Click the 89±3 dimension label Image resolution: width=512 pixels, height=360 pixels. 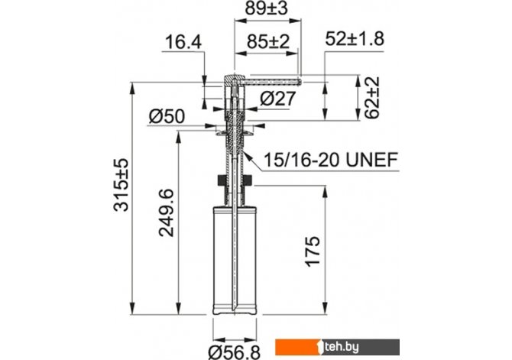point(267,8)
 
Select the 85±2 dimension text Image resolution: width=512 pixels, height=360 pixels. point(267,42)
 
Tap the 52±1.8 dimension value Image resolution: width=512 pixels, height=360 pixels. point(355,39)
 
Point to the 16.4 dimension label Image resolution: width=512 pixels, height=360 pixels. point(183,43)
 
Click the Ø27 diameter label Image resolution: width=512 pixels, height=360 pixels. point(278,99)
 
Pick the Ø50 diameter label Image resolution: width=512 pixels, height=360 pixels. point(167,116)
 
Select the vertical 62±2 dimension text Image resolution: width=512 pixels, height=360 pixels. point(372,97)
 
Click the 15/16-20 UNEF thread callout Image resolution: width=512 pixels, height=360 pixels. point(331,160)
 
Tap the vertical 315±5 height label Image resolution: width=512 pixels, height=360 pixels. point(122,185)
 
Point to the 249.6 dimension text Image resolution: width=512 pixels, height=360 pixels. point(166,212)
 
